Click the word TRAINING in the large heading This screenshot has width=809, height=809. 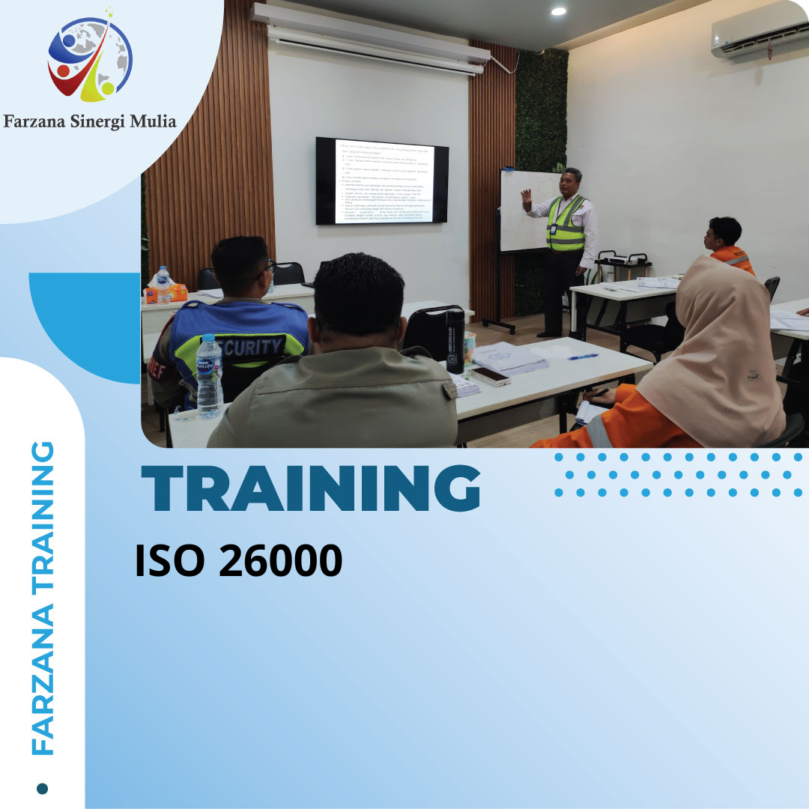coord(311,488)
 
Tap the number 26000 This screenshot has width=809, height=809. coord(280,561)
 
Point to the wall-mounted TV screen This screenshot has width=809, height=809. coord(381,181)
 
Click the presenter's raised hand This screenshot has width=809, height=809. coord(527,199)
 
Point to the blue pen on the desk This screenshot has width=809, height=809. coord(583,357)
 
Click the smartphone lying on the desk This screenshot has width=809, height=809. coord(489,375)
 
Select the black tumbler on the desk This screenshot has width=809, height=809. coord(455,341)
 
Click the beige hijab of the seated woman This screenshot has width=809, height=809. coord(712,352)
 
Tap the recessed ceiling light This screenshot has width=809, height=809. coord(558,10)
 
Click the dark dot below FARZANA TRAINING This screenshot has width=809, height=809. coord(42,788)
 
